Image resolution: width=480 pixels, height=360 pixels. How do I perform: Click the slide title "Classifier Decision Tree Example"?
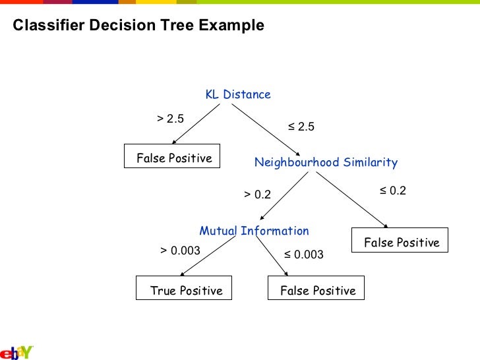pos(138,26)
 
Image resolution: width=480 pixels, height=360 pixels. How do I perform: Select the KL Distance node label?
pos(238,94)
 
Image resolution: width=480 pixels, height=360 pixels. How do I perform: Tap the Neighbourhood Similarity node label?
pos(326,162)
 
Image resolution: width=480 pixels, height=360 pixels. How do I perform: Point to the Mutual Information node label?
pos(254,231)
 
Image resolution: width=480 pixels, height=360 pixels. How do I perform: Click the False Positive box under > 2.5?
pos(173,157)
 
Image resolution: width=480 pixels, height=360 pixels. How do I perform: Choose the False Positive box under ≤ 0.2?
pos(401,241)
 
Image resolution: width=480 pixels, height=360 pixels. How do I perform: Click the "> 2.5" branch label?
pos(170,119)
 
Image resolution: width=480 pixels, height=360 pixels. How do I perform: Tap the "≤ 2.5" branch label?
pos(301,127)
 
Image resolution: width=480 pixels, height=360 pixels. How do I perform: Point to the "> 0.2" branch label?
pos(257,195)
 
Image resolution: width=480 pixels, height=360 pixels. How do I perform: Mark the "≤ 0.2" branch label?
pos(392,191)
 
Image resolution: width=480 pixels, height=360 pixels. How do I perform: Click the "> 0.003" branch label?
pos(180,251)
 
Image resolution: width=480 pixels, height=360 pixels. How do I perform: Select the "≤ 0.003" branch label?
pos(304,255)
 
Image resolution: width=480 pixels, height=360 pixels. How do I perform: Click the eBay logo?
pos(16,351)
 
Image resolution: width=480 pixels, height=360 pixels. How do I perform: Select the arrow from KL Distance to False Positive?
pos(196,123)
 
